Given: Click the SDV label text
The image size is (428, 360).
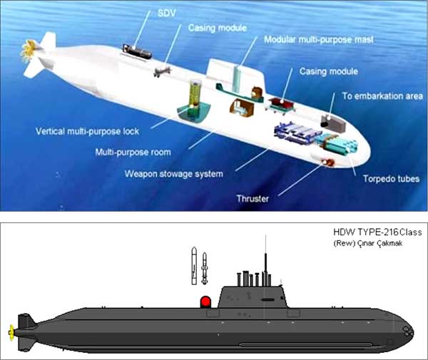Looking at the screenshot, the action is [167, 13].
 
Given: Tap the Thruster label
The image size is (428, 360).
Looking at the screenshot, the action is [253, 199].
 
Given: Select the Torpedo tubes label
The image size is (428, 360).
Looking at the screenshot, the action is [391, 179].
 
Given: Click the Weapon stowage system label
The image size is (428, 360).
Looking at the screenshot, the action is [173, 174].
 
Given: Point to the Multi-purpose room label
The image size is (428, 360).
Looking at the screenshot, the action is [133, 152].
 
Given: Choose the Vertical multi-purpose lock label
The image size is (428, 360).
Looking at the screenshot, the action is [87, 131].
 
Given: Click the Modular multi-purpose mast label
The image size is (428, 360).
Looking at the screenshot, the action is [319, 40].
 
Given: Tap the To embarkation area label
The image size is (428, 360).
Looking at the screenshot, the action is [382, 96].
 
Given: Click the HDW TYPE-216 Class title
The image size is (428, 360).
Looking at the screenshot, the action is [377, 232].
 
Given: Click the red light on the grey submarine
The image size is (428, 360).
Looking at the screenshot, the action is [205, 302].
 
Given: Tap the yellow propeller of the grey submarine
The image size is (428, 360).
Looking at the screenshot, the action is [11, 333].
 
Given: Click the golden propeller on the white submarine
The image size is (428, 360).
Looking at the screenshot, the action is [29, 50].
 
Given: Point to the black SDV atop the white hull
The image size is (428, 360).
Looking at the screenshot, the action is [137, 51].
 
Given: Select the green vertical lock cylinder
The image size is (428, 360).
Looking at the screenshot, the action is [194, 98].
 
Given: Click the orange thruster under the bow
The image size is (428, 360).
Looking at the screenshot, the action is [328, 162].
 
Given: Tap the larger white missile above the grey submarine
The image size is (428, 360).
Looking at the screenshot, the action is [194, 265].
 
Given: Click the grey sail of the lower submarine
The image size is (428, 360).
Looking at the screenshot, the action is [253, 297].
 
